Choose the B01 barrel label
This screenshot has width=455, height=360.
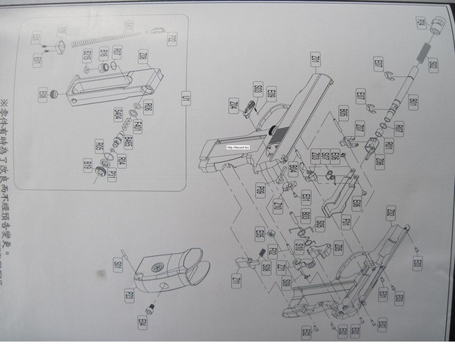coord(412,102)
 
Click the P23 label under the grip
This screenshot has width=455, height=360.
coord(129,296)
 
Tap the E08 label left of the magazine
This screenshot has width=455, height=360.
coord(44,94)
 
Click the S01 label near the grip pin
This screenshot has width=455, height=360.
coord(118,265)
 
